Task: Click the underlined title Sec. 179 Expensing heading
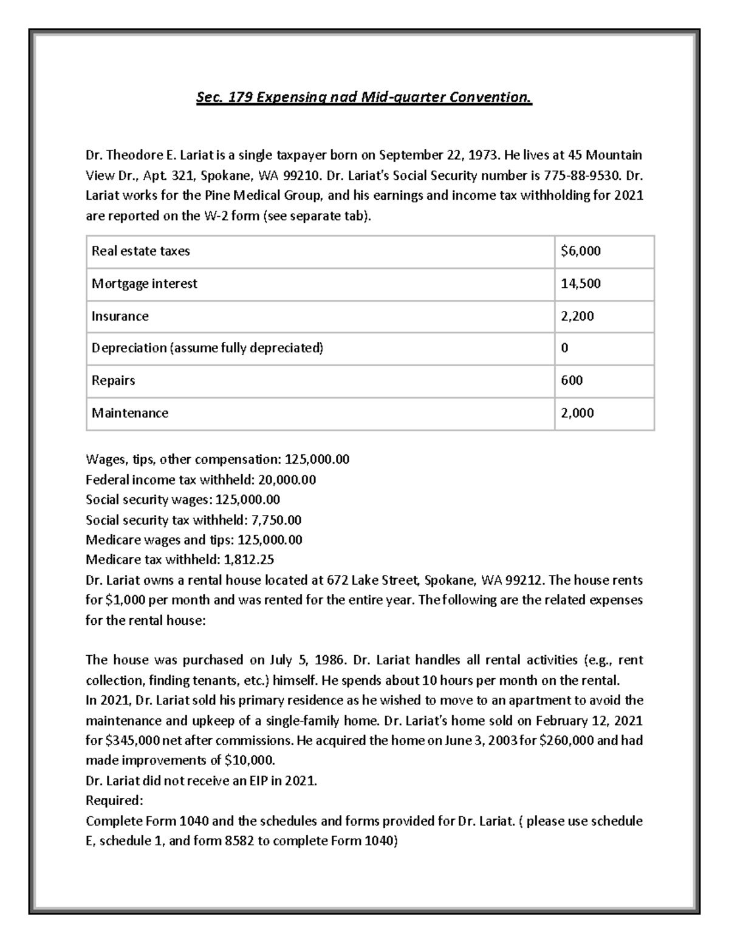[364, 97]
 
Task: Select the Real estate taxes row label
[140, 251]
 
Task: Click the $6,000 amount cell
[580, 251]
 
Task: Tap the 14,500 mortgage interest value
[580, 284]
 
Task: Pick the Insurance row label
[120, 316]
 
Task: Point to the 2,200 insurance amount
[577, 316]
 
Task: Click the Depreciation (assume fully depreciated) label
[207, 349]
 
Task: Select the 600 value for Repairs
[572, 381]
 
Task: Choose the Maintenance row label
[129, 414]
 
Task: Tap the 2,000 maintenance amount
[577, 414]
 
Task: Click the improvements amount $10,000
[250, 761]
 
